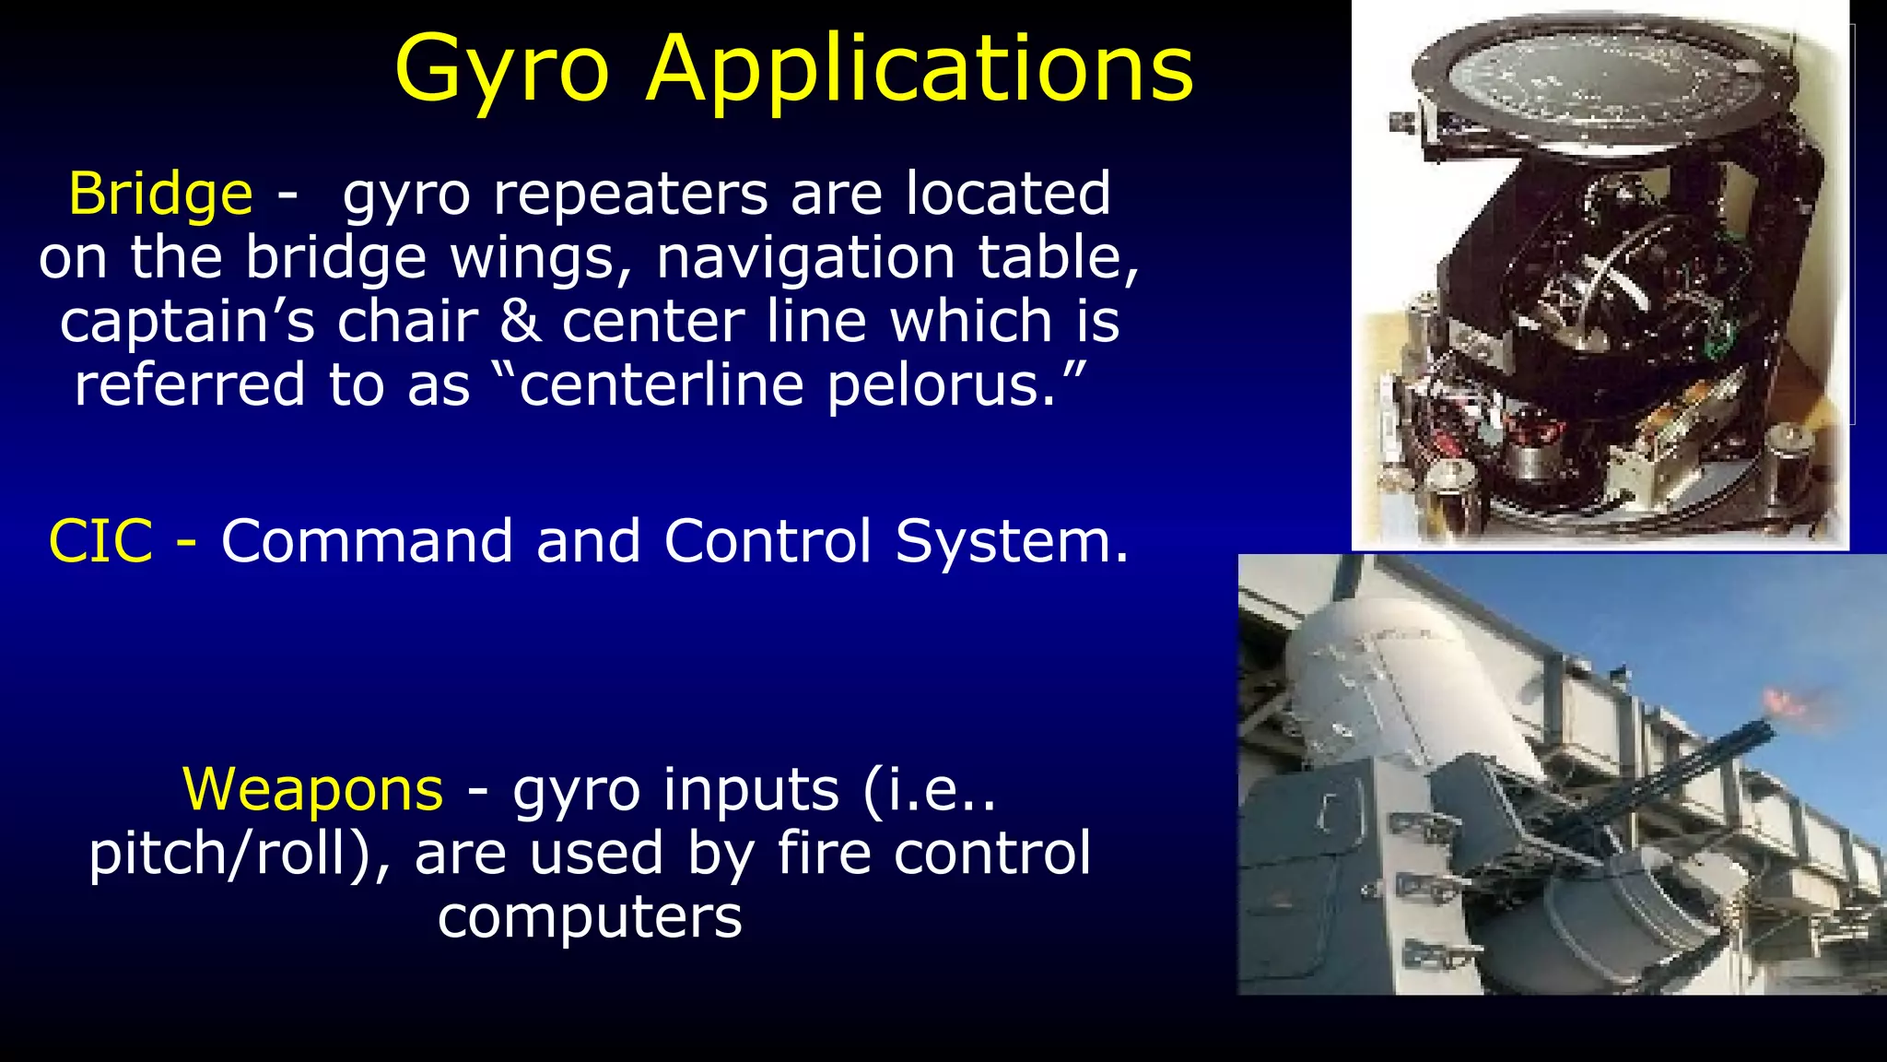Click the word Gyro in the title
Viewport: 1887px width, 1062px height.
pos(502,70)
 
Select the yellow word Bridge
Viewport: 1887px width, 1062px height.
pos(160,194)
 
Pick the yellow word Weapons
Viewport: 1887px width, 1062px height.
pos(313,789)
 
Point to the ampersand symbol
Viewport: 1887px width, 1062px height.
pos(521,321)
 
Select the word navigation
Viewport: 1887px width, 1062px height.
pos(805,257)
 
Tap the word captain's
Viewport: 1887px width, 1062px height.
pos(187,321)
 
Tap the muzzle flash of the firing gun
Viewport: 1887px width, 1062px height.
pos(1787,705)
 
